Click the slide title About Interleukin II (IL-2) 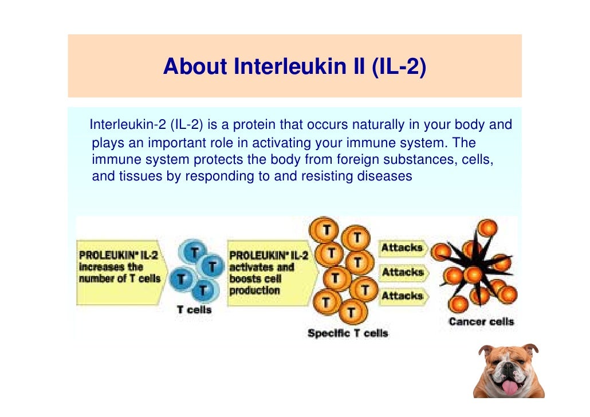(x=294, y=67)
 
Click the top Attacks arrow (x=403, y=248)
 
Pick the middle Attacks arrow (x=403, y=272)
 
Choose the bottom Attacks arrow (x=403, y=296)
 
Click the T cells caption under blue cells (x=194, y=310)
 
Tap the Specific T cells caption (x=348, y=333)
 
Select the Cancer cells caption (x=481, y=321)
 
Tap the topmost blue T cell (x=195, y=253)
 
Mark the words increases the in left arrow (x=111, y=266)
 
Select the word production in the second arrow (x=255, y=290)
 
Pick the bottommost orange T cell (x=350, y=313)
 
